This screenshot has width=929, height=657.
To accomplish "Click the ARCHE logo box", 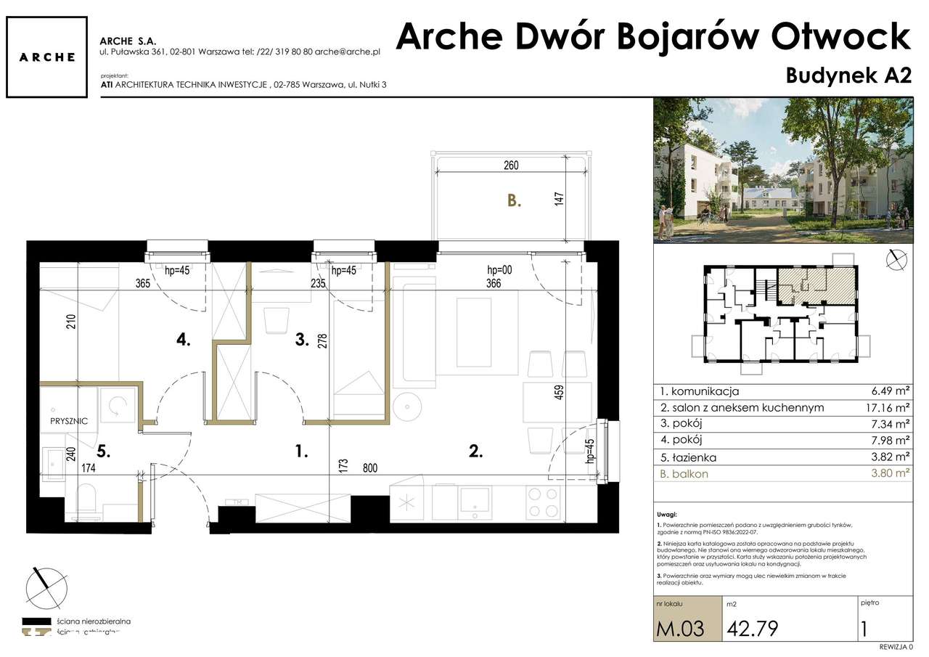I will tap(47, 57).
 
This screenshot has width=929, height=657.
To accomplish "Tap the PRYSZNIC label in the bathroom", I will tap(69, 420).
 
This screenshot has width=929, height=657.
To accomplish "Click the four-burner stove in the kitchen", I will tap(543, 502).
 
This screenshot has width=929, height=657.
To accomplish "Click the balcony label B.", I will tap(514, 201).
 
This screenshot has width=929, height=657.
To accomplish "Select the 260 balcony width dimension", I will tap(511, 166).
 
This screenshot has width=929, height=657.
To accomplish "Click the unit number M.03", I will tap(681, 627).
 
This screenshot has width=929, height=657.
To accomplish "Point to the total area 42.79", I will tap(752, 627).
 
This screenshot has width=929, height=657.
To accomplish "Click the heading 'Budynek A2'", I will tap(848, 76).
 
